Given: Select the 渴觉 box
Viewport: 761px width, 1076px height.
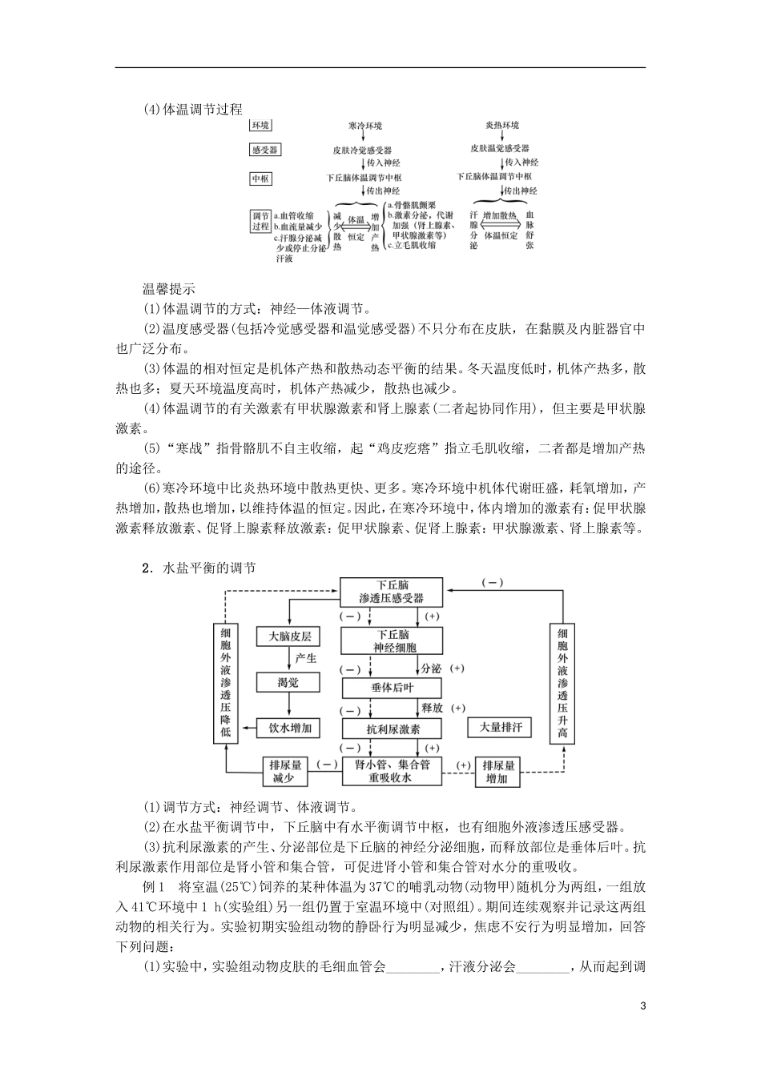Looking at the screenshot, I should click(288, 682).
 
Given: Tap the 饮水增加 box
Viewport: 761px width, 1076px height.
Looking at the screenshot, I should click(288, 728).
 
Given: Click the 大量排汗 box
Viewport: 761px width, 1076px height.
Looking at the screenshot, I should click(500, 727).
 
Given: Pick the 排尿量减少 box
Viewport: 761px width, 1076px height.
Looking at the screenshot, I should click(286, 772).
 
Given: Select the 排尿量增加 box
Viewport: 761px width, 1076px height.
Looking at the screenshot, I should click(497, 772).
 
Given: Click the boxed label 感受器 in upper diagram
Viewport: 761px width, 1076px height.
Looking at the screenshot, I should click(264, 150).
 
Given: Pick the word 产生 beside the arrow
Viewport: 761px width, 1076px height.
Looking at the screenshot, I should click(306, 659).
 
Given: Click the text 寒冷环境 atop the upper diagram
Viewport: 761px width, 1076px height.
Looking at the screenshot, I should click(365, 126).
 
